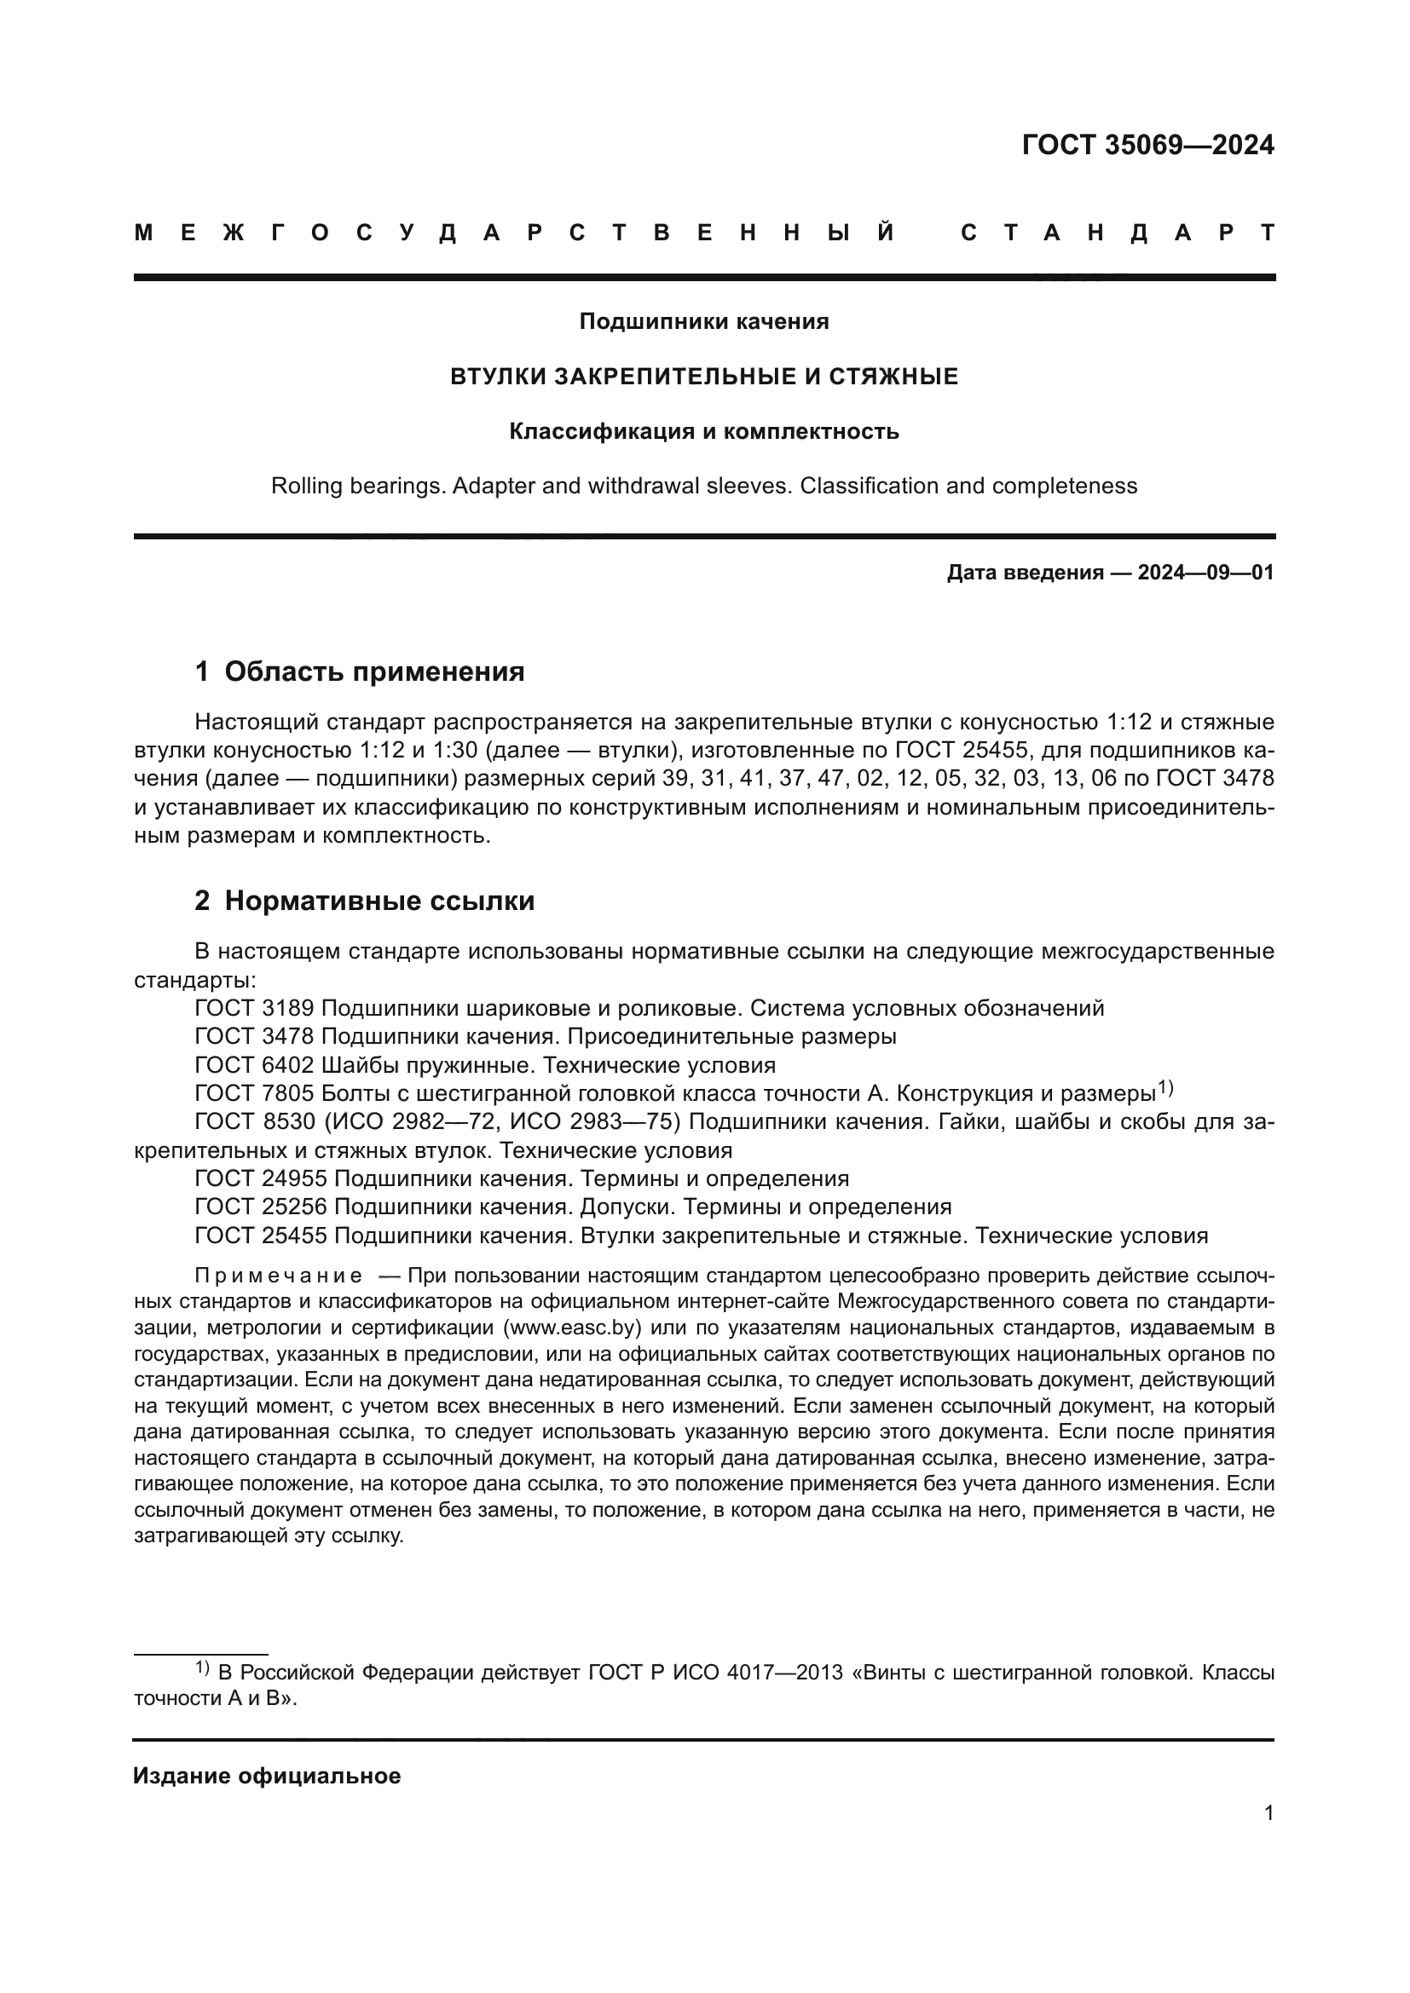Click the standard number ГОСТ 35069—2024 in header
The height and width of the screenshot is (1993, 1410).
[x=1147, y=145]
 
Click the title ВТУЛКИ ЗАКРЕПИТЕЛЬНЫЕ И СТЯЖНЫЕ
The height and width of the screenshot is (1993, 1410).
[x=704, y=377]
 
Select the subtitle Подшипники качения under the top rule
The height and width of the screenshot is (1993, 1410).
[x=704, y=322]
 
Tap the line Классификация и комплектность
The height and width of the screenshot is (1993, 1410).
[x=704, y=431]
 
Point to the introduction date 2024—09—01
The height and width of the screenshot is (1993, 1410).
[x=1205, y=573]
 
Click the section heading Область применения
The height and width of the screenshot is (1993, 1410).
[x=374, y=671]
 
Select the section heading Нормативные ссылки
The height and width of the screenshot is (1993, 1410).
[x=379, y=901]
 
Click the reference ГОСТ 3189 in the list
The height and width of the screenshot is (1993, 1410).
[x=255, y=1009]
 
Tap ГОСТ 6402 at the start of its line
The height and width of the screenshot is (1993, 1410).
[x=255, y=1065]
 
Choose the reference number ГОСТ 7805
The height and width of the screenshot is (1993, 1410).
[x=255, y=1094]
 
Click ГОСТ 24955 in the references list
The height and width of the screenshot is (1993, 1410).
[x=262, y=1178]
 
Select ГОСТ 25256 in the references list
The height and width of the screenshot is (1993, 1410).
[x=262, y=1207]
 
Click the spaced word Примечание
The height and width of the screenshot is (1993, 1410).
[x=279, y=1276]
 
